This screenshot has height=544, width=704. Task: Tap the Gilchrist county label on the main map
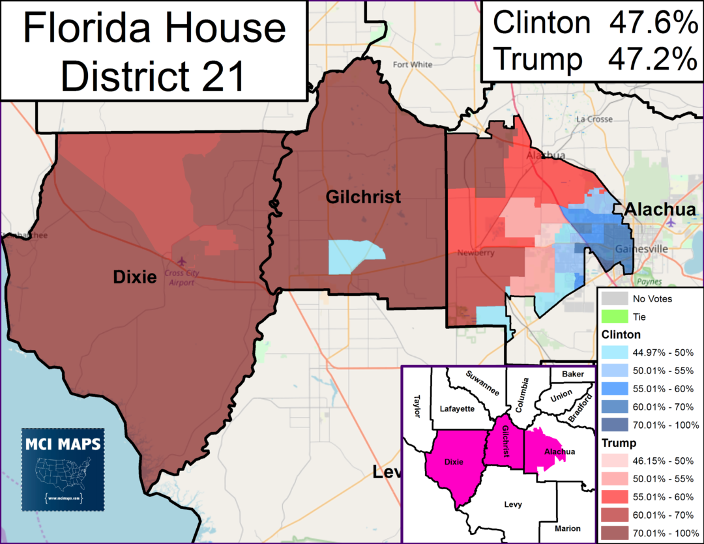click(x=364, y=197)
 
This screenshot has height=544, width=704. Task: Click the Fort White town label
click(x=413, y=64)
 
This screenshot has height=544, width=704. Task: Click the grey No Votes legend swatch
click(x=613, y=299)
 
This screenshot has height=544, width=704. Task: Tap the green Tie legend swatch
click(x=613, y=317)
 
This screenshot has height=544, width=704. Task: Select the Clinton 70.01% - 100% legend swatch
click(x=613, y=425)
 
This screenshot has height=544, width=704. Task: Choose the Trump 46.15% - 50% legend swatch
click(x=613, y=460)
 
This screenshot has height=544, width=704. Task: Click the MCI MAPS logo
click(x=62, y=468)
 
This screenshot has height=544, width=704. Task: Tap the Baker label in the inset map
click(x=573, y=374)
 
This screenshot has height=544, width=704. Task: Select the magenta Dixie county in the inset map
click(x=454, y=463)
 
